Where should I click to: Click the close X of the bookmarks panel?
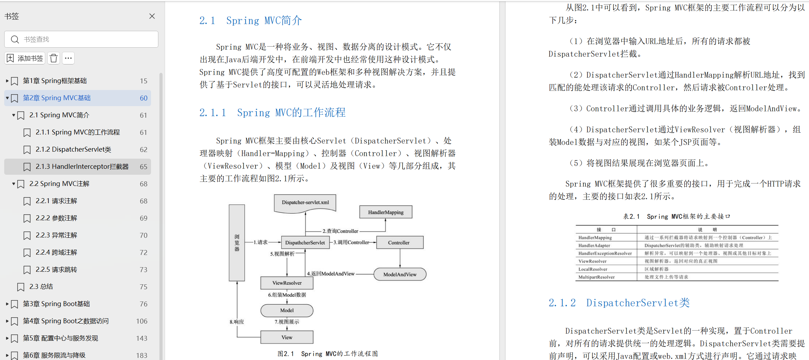(x=152, y=16)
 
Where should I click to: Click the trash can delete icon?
(x=54, y=58)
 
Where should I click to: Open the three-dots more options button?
(x=68, y=58)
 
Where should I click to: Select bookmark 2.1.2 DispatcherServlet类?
(x=73, y=150)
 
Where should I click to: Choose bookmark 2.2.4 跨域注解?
(x=56, y=252)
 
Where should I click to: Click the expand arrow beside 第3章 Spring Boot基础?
(x=7, y=304)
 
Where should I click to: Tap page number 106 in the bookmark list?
(x=142, y=321)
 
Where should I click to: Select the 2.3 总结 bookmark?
(x=41, y=287)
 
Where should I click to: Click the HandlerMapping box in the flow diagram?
(x=385, y=212)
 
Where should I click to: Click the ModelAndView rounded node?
(x=400, y=274)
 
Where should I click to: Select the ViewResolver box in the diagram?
(x=287, y=283)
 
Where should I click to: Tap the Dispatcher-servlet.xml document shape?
(x=305, y=203)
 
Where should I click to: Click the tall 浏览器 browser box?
(x=237, y=243)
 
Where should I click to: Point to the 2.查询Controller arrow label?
(x=340, y=231)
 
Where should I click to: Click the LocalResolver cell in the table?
(x=592, y=269)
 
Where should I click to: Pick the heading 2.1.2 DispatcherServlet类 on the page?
(x=619, y=303)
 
